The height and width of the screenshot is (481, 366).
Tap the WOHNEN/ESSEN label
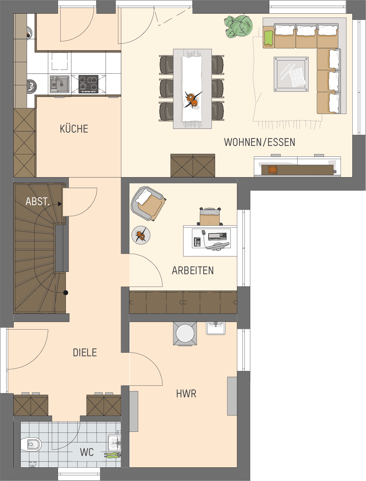[259, 142]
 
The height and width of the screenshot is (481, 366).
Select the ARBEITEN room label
[193, 270]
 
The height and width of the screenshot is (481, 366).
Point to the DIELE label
[85, 353]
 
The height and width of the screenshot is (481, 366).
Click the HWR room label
[186, 394]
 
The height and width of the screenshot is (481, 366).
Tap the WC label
[87, 452]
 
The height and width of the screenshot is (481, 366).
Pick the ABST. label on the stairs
[37, 201]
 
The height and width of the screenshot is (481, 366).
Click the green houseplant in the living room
[238, 26]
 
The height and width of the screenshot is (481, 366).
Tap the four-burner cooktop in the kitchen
[88, 84]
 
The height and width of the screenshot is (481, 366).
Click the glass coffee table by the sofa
[291, 74]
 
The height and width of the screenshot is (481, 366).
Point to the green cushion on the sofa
[269, 38]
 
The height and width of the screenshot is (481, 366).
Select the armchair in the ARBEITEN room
[148, 203]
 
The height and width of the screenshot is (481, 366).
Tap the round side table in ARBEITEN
[141, 235]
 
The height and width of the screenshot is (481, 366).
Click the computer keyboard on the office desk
[217, 236]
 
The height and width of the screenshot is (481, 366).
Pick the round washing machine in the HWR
[185, 333]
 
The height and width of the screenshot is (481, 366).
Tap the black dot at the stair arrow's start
[66, 292]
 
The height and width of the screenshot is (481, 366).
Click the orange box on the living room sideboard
[272, 170]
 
